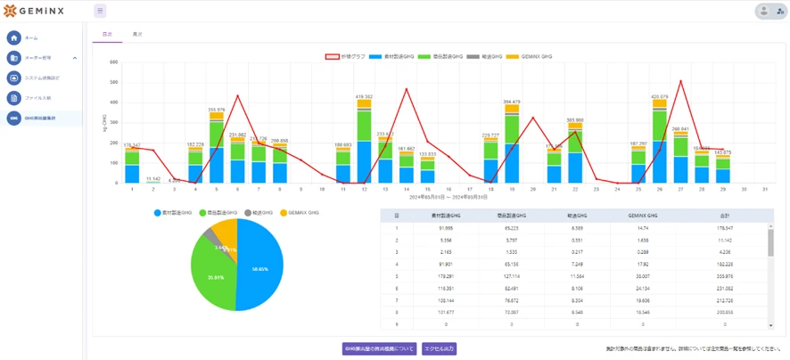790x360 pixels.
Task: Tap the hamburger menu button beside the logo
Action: [x=100, y=12]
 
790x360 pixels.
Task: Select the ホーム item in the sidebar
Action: [x=31, y=38]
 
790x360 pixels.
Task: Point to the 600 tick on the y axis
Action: [x=113, y=62]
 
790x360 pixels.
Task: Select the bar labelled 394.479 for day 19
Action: [x=512, y=147]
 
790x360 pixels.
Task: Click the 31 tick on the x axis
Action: [x=766, y=190]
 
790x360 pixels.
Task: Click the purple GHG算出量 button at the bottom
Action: [x=379, y=348]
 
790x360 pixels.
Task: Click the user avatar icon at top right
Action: [x=763, y=12]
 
